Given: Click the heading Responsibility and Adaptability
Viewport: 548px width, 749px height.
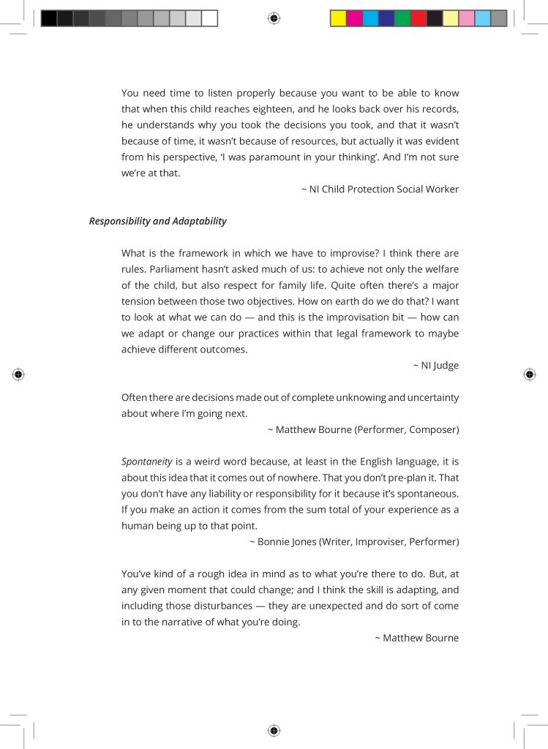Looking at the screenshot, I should [157, 221].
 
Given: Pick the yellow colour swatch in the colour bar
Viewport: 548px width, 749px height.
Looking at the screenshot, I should [338, 18].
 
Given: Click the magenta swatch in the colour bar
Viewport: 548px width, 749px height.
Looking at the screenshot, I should [354, 18].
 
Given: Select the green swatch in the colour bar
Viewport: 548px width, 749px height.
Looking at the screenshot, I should [402, 18].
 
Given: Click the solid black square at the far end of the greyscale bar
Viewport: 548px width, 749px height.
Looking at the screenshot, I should [49, 18].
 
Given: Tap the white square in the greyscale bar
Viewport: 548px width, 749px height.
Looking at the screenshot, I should [210, 18].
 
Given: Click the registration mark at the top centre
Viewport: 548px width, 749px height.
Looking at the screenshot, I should [274, 18].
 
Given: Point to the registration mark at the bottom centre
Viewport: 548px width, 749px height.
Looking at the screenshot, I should [274, 730].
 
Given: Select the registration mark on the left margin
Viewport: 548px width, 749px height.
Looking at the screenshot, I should [18, 374].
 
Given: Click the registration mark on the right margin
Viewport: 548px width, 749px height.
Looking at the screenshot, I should [530, 374].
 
